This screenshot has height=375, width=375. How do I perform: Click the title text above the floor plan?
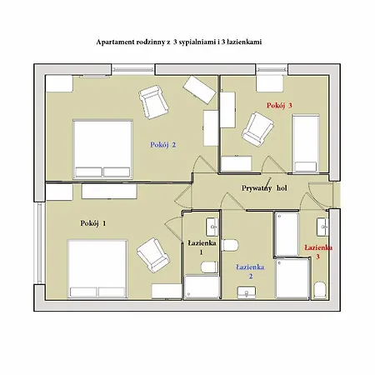(x=179, y=42)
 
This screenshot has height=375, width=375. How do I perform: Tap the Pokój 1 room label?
(x=93, y=223)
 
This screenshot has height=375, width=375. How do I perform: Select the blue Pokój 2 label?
(x=163, y=145)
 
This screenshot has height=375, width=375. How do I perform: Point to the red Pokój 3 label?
(x=279, y=106)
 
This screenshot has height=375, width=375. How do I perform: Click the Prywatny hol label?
(x=264, y=188)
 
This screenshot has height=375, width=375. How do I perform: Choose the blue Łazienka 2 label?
(x=250, y=272)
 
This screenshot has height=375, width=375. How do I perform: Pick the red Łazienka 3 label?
(x=318, y=252)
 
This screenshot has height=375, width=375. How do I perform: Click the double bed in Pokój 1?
(x=97, y=269)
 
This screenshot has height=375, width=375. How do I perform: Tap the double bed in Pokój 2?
(x=102, y=149)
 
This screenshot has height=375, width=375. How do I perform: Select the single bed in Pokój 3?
(x=306, y=143)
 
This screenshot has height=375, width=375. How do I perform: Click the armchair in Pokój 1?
(x=153, y=255)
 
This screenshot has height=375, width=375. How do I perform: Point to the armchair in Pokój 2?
(x=153, y=102)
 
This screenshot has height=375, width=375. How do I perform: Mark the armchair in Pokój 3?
(x=257, y=128)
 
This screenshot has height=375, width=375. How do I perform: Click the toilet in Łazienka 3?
(x=319, y=290)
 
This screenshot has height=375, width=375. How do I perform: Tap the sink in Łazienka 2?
(x=247, y=292)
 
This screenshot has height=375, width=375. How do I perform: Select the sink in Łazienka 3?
(x=323, y=227)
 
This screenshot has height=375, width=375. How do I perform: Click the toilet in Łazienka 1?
(x=209, y=267)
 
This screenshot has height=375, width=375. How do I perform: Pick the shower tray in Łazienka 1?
(x=202, y=287)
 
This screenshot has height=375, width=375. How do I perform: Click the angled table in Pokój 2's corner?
(x=199, y=90)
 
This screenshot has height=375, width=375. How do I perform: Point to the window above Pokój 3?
(x=272, y=69)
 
